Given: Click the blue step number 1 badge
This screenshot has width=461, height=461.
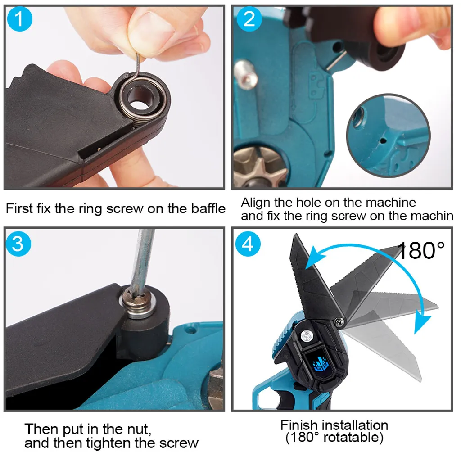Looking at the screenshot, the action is (x=19, y=19).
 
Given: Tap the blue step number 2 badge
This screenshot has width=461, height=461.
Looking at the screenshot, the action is (x=249, y=19).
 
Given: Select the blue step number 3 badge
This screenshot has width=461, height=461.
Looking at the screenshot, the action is (x=18, y=244).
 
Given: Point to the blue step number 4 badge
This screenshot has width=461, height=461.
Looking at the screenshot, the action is (x=248, y=244).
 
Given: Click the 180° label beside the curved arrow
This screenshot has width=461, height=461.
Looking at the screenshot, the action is (x=420, y=250).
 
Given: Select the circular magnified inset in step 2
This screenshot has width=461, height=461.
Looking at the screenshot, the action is (x=388, y=136).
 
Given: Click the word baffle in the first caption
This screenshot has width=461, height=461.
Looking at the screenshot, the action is (x=208, y=208).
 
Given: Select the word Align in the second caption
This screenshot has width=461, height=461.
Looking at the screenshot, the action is (x=256, y=203).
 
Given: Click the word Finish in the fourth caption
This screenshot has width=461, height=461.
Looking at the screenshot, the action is (x=301, y=425).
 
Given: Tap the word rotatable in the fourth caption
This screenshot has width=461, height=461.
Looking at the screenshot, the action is (x=353, y=438).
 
